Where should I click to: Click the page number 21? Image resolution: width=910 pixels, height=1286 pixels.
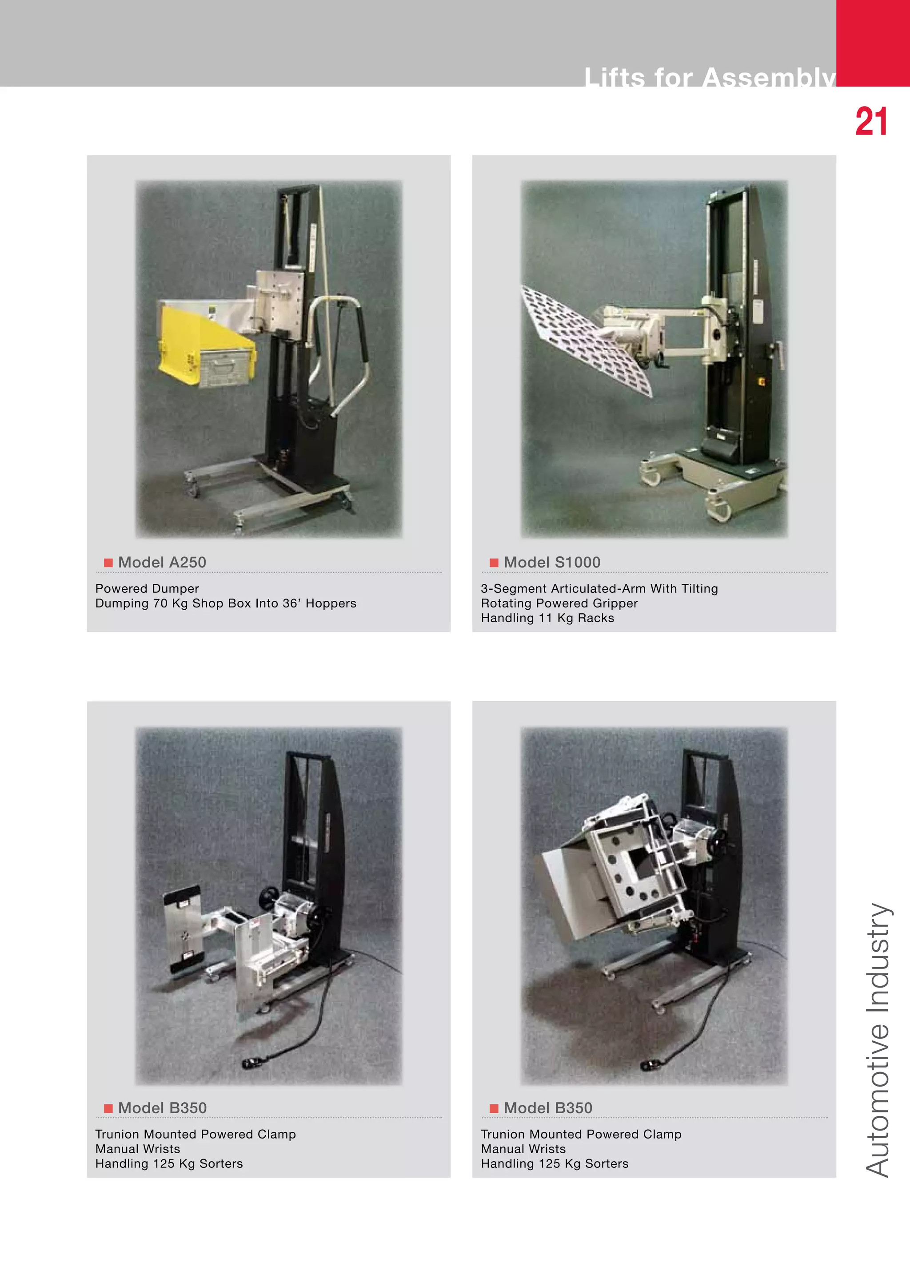871,122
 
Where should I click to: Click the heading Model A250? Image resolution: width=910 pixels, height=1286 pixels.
162,562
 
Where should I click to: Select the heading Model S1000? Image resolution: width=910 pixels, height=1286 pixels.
551,562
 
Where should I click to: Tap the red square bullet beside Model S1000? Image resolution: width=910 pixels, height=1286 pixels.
494,562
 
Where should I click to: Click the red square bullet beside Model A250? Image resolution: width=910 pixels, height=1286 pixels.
108,562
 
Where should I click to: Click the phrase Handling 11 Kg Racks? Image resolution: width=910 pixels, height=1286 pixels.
547,619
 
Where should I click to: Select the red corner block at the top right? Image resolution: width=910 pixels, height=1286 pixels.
873,43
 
